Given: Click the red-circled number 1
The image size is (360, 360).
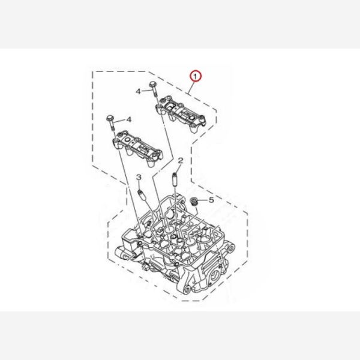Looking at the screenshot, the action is (195, 76).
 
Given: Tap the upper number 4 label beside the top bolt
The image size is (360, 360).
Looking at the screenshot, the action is (138, 91).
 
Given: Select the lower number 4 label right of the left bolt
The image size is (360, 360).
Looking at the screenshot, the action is (129, 119).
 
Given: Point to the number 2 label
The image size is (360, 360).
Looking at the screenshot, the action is (181, 160).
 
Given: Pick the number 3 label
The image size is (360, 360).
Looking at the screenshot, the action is (139, 177).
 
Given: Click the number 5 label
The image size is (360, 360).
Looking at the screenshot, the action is (211, 200).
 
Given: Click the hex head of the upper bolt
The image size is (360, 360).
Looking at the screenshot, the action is (153, 84).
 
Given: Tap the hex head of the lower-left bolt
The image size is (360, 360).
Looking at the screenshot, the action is (110, 118).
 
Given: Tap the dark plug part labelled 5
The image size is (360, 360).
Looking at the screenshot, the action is (193, 202).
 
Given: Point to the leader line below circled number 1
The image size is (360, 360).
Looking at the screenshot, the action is (191, 88).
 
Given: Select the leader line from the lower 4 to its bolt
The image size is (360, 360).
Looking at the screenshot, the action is (119, 121).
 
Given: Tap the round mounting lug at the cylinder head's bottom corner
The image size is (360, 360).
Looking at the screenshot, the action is (187, 289).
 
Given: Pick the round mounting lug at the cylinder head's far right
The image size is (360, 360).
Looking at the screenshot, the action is (231, 248).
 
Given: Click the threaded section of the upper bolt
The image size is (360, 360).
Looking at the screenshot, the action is (155, 94).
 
